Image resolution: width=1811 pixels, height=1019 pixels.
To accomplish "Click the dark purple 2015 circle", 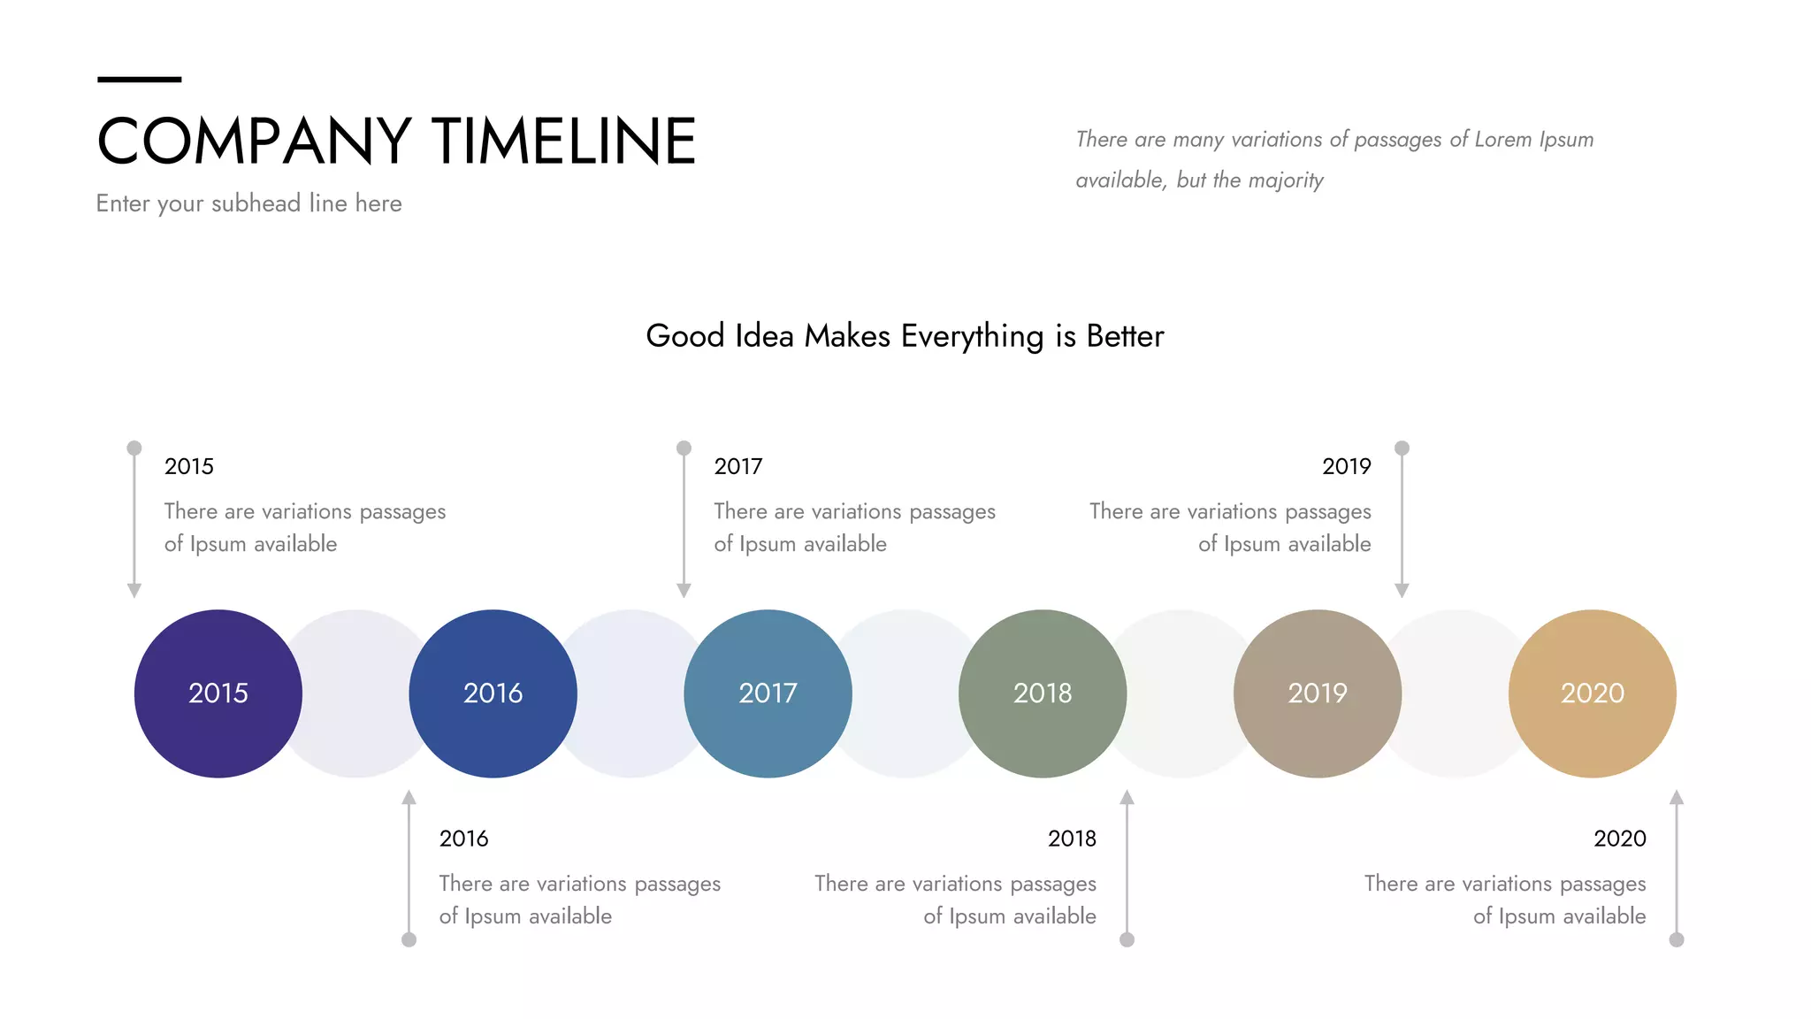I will click(x=218, y=693).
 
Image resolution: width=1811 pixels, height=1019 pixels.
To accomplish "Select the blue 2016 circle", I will click(x=493, y=693).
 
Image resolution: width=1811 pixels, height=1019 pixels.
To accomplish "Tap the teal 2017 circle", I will click(x=768, y=693).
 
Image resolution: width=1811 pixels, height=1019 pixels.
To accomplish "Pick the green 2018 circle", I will click(x=1043, y=693).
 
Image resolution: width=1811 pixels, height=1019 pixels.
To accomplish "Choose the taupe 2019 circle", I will click(x=1318, y=693).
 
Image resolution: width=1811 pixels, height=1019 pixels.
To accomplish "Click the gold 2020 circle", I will click(x=1592, y=693).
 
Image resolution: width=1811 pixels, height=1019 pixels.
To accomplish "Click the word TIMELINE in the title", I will click(x=564, y=142).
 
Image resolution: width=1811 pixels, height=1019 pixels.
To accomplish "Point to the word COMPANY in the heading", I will click(x=254, y=142).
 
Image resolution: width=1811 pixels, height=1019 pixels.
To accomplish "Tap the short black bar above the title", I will click(x=139, y=80).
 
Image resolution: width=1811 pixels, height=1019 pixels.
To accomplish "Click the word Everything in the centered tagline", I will click(x=972, y=336).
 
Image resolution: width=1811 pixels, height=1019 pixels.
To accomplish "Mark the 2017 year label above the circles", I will click(x=737, y=466).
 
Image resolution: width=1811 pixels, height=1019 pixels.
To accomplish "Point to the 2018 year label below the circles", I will click(x=1072, y=839).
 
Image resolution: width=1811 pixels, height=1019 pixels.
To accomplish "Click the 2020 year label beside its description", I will click(x=1619, y=839).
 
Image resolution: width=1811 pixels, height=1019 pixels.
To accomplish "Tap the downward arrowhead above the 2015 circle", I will click(x=134, y=590).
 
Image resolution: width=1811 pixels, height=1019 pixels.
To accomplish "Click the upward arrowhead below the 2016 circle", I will click(x=409, y=797).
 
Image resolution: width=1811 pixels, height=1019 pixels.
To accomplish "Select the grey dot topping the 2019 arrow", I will click(x=1402, y=448).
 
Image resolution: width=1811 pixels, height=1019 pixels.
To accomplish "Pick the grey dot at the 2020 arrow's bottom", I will click(x=1677, y=939).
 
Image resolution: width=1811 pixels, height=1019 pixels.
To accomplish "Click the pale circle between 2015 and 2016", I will click(x=355, y=693).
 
